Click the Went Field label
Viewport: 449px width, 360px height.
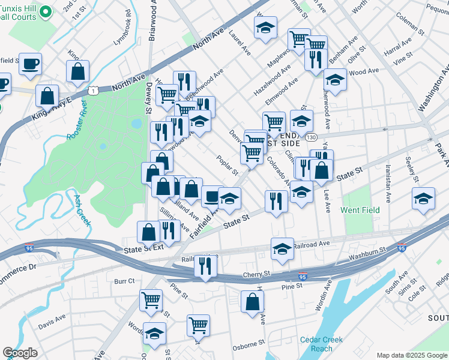point(360,210)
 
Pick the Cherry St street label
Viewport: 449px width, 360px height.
point(257,274)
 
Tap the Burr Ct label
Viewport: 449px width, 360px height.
point(124,280)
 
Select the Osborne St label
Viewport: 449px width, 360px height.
point(249,344)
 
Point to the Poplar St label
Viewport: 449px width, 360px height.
point(227,166)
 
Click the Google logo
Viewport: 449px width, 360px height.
point(20,353)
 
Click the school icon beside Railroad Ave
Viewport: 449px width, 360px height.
point(282,249)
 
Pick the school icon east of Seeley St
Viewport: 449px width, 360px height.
point(423,199)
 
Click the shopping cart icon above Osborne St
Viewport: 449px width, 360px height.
point(198,325)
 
